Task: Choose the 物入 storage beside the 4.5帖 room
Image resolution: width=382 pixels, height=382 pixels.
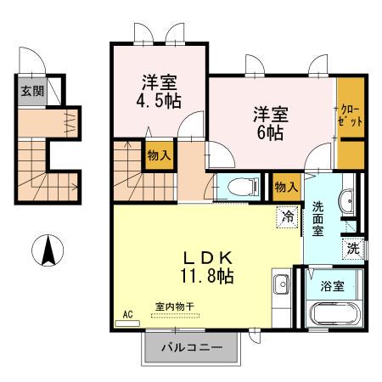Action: [159, 155]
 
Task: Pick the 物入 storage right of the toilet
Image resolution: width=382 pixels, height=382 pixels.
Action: [286, 186]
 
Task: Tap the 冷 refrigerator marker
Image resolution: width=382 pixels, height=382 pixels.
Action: [289, 216]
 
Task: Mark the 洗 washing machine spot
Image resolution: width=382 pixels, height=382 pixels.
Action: [352, 249]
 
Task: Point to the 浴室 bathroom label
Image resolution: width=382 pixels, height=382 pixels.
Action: [333, 286]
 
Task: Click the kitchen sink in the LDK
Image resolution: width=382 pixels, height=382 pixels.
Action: [281, 284]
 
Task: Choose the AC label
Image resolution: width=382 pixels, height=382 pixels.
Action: [128, 314]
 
